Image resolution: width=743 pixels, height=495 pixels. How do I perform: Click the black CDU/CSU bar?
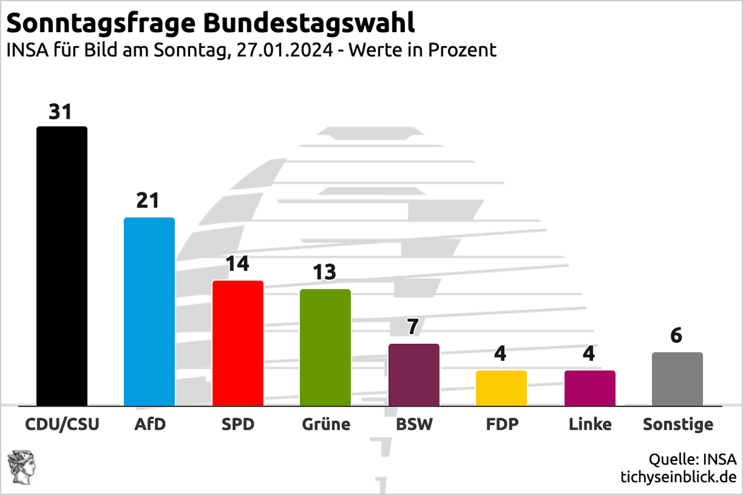(62, 266)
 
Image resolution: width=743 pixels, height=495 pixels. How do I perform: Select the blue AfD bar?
(149, 312)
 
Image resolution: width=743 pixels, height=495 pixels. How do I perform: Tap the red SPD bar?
(238, 343)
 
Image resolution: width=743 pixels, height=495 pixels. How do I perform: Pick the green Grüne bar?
(325, 348)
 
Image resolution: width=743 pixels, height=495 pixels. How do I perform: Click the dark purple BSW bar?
(414, 375)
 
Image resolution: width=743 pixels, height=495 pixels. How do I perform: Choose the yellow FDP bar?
(502, 389)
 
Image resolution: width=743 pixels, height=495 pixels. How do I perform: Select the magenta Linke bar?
(589, 389)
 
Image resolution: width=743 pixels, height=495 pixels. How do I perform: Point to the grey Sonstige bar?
(677, 379)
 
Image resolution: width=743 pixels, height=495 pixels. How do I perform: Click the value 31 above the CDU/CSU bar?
(61, 112)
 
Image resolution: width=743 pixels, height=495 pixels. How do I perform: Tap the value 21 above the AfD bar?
(149, 201)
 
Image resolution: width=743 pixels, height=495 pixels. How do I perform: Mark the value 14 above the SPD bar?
(237, 264)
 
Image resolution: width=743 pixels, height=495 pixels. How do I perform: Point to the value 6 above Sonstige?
(677, 335)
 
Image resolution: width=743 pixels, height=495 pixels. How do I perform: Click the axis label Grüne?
(326, 425)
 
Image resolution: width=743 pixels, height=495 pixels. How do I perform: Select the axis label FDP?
(502, 425)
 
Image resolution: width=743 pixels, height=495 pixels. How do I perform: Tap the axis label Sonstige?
(677, 425)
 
